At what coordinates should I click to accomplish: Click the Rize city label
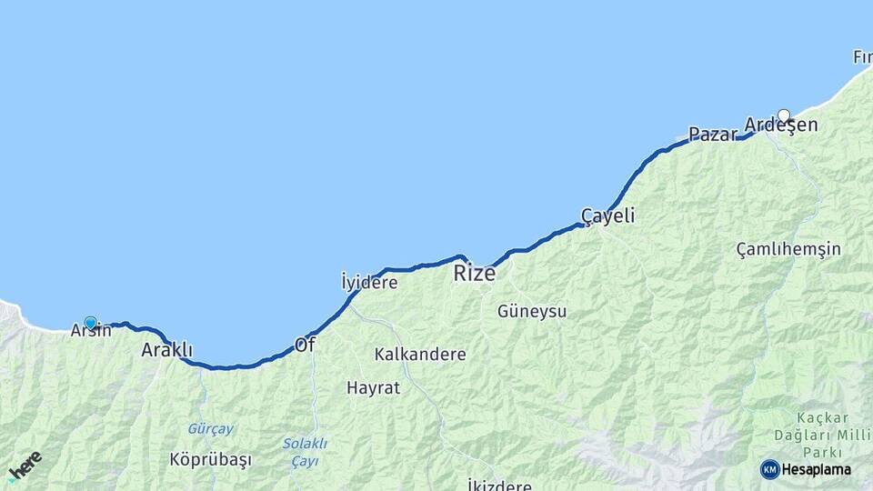coord(475,273)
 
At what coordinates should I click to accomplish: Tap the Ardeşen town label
coord(780,125)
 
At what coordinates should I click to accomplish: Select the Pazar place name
coord(713,135)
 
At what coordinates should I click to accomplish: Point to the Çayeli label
coord(608,216)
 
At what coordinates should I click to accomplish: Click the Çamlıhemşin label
coord(788,249)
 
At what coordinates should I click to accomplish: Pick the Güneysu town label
coord(532,312)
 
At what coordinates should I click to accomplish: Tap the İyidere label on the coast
coord(369,283)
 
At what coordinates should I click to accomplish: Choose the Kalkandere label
coord(420,355)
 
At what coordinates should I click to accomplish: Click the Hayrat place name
coord(373,388)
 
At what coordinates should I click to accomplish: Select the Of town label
coord(305,346)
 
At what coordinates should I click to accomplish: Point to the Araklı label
coord(166,350)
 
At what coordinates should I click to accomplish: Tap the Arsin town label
coord(91,331)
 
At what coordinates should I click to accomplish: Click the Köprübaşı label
coord(210,460)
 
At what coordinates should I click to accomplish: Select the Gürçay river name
coord(211,429)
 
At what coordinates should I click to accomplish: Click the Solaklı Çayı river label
coord(304,452)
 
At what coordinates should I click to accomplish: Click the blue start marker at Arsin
coord(90,322)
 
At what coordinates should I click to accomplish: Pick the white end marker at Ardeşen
coord(784,115)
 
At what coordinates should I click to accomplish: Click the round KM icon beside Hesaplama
coord(770,469)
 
